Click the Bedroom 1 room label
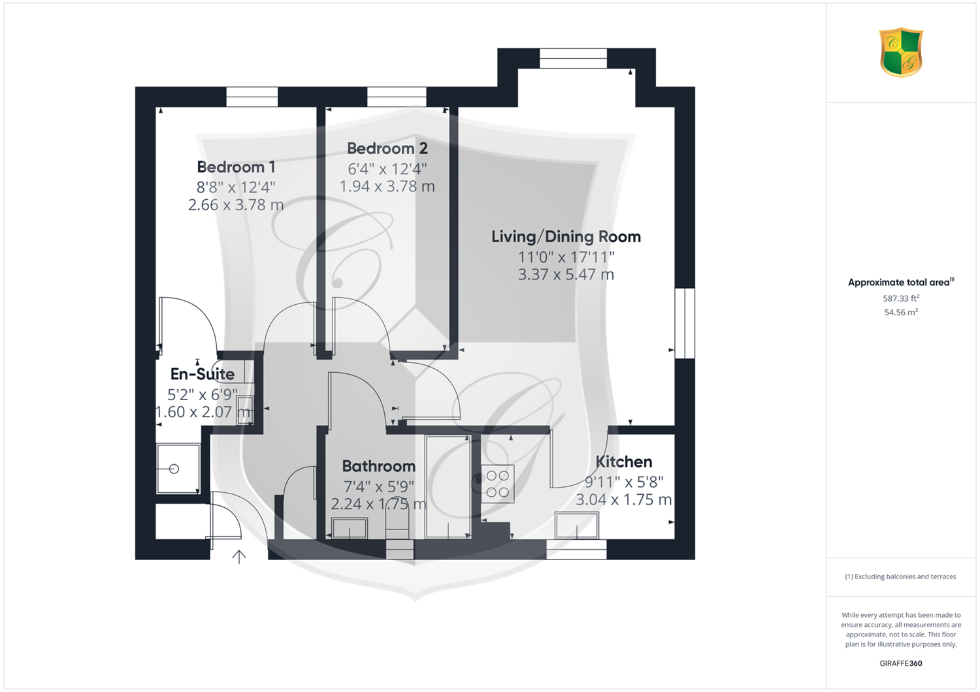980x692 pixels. (x=236, y=167)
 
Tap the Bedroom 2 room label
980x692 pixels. (x=387, y=149)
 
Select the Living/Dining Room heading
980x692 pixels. (x=566, y=236)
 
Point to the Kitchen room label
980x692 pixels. (x=624, y=462)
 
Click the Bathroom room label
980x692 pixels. (x=378, y=466)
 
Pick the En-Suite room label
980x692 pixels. (x=202, y=374)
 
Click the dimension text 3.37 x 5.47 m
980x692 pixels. (x=566, y=275)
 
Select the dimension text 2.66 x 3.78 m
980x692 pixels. (x=236, y=204)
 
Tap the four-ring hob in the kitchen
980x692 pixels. (x=498, y=484)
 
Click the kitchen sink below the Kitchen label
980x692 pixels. (x=577, y=526)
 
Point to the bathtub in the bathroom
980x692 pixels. (x=448, y=486)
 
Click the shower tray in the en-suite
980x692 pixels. (x=178, y=469)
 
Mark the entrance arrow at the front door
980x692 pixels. (x=239, y=557)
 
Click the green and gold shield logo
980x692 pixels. (x=901, y=53)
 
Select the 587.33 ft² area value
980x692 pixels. (x=901, y=298)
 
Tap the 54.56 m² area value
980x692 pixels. (x=901, y=312)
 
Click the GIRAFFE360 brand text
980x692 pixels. (x=901, y=663)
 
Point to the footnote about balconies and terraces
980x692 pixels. (x=900, y=576)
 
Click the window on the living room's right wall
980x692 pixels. (x=685, y=323)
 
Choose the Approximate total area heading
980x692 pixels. (x=901, y=282)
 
